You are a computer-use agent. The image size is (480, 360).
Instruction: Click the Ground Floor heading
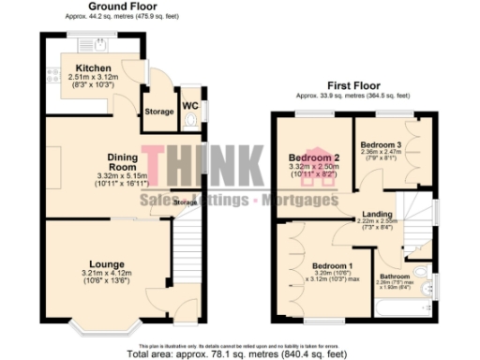[x=122, y=6]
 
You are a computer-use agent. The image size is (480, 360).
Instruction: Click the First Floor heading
[x=352, y=84]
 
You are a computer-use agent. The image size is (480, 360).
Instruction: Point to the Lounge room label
[x=107, y=264]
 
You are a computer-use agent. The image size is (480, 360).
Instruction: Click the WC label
[x=189, y=105]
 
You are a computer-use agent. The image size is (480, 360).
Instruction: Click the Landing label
[x=378, y=215]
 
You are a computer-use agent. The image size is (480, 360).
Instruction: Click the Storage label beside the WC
[x=159, y=112]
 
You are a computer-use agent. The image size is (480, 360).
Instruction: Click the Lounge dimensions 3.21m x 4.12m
[x=107, y=275]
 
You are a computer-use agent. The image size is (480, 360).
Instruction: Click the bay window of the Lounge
[x=107, y=328]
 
